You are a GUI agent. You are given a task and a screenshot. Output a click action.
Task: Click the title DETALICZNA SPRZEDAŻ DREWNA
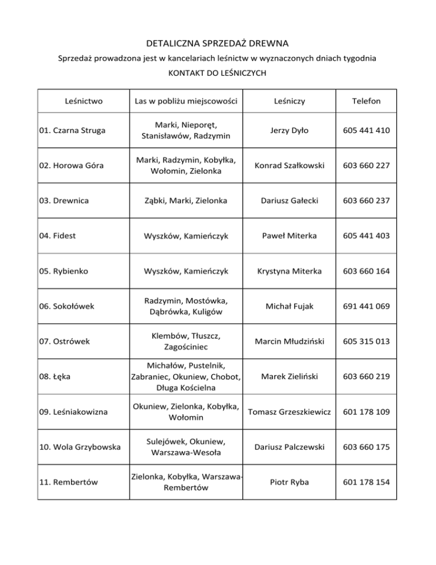[x=218, y=43]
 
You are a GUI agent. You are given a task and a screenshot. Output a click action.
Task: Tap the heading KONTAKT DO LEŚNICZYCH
[x=217, y=73]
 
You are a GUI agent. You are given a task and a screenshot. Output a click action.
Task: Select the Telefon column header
[x=366, y=102]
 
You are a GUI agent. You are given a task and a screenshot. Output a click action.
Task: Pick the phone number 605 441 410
[x=366, y=130]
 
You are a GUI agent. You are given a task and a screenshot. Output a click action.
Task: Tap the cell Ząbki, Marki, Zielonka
[x=186, y=201]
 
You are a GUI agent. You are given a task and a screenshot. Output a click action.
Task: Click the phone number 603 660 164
[x=366, y=271]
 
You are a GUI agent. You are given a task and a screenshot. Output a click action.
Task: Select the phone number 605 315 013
[x=366, y=342]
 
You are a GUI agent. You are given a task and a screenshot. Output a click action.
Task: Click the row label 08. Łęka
[x=54, y=377]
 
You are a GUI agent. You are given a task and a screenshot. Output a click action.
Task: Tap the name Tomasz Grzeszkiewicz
[x=290, y=412]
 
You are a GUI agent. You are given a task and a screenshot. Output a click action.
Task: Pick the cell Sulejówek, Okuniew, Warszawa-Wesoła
[x=186, y=447]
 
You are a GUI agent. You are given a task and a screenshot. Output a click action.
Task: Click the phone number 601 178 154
[x=366, y=482]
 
